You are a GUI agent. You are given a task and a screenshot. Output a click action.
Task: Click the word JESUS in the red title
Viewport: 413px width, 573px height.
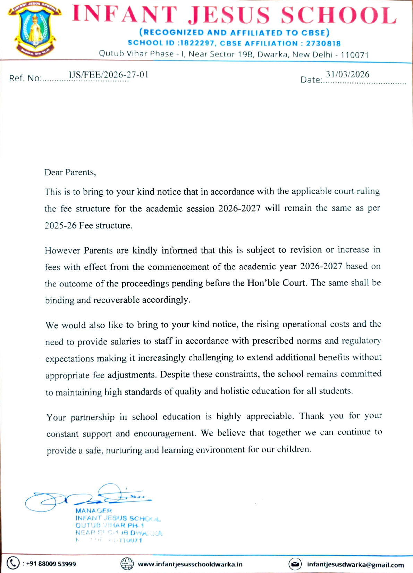pos(229,16)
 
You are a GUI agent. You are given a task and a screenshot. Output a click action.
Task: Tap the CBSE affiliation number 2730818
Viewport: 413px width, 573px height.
pos(323,43)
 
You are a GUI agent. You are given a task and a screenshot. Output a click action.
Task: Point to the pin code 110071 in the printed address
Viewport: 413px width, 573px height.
pos(354,55)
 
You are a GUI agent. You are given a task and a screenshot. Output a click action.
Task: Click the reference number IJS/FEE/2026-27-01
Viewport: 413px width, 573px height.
pos(108,75)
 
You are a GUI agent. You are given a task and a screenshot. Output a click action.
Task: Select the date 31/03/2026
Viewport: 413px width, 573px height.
pos(347,74)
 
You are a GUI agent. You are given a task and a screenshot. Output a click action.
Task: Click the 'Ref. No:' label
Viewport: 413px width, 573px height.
pos(25,78)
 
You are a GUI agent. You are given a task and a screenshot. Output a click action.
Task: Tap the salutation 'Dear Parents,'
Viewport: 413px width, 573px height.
pos(70,172)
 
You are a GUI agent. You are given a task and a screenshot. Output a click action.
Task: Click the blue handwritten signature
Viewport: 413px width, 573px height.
pos(87,497)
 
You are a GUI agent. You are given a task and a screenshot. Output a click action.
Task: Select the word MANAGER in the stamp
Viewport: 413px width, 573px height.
pos(94,511)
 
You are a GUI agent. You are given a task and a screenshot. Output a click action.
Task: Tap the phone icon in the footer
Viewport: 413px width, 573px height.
pos(13,563)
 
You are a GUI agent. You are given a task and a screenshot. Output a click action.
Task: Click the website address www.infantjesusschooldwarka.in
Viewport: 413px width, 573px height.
pos(190,564)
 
